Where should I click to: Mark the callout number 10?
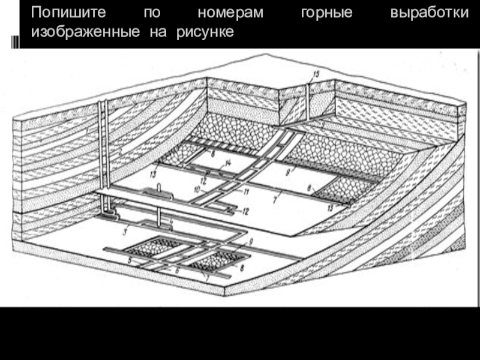pyautogui.click(x=196, y=190)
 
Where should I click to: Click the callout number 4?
pyautogui.click(x=172, y=221)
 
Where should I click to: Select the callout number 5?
pyautogui.click(x=129, y=260)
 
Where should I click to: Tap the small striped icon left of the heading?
pyautogui.click(x=14, y=41)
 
